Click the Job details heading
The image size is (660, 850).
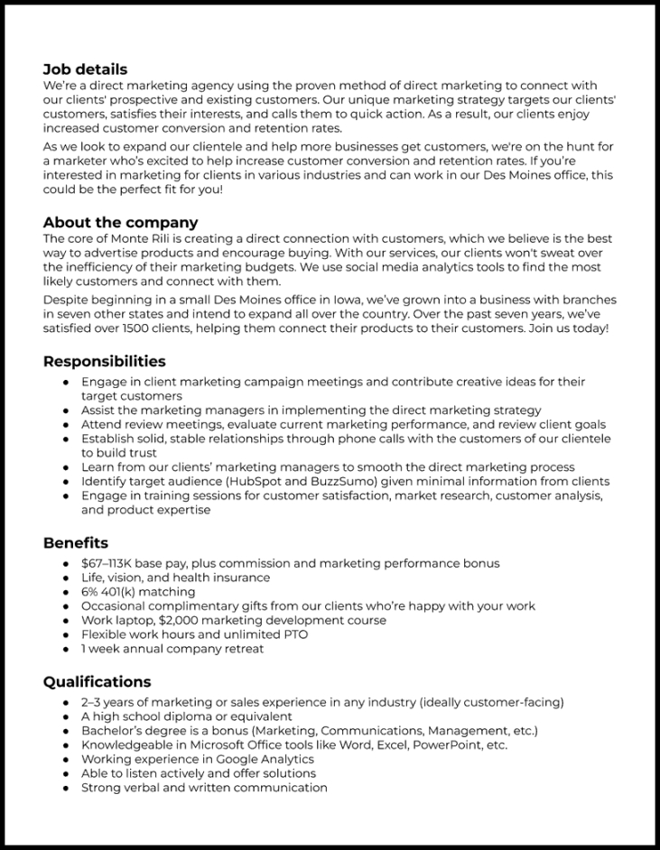tap(85, 69)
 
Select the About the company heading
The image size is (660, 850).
tap(120, 222)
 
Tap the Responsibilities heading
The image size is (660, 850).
tap(104, 361)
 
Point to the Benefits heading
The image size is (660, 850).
tap(76, 542)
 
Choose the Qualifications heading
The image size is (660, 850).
tap(97, 681)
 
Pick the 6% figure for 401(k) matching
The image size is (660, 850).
tap(90, 592)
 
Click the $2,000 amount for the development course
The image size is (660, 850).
tap(181, 620)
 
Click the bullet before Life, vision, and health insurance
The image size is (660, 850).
tap(66, 577)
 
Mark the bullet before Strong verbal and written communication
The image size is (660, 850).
tap(66, 788)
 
